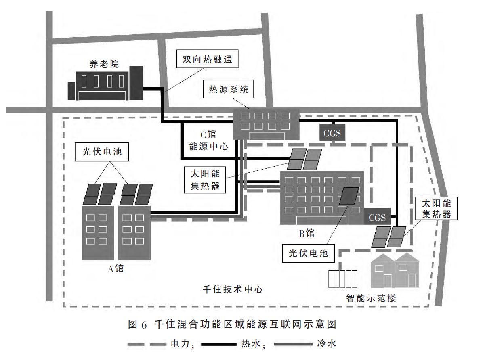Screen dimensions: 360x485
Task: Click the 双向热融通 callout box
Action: pyautogui.click(x=208, y=59)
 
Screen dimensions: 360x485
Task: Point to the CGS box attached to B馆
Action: pyautogui.click(x=377, y=218)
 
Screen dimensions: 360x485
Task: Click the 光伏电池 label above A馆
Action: pyautogui.click(x=103, y=152)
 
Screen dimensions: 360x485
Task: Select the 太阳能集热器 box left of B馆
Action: pyautogui.click(x=205, y=179)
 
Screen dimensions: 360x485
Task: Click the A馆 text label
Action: pyautogui.click(x=115, y=268)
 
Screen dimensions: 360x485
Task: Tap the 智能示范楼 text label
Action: pyautogui.click(x=371, y=299)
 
